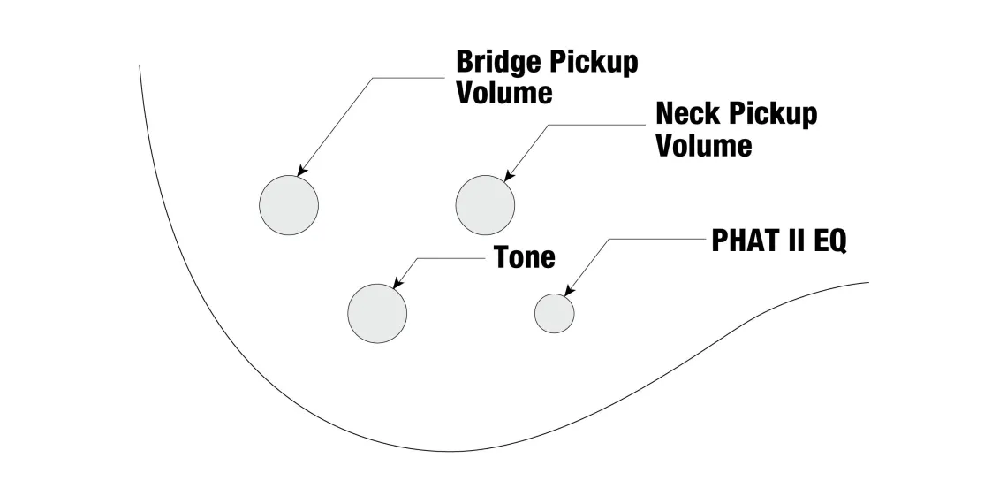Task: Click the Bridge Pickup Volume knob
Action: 289,205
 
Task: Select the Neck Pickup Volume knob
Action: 485,205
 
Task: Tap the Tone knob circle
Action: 377,313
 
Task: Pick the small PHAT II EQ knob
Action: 555,313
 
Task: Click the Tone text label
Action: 525,257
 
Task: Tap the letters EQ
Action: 829,241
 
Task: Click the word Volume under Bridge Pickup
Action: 504,93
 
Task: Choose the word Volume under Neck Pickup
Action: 704,144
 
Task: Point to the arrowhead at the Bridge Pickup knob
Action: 302,172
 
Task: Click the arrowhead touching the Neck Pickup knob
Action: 508,177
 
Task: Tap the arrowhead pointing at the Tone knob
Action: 396,286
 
